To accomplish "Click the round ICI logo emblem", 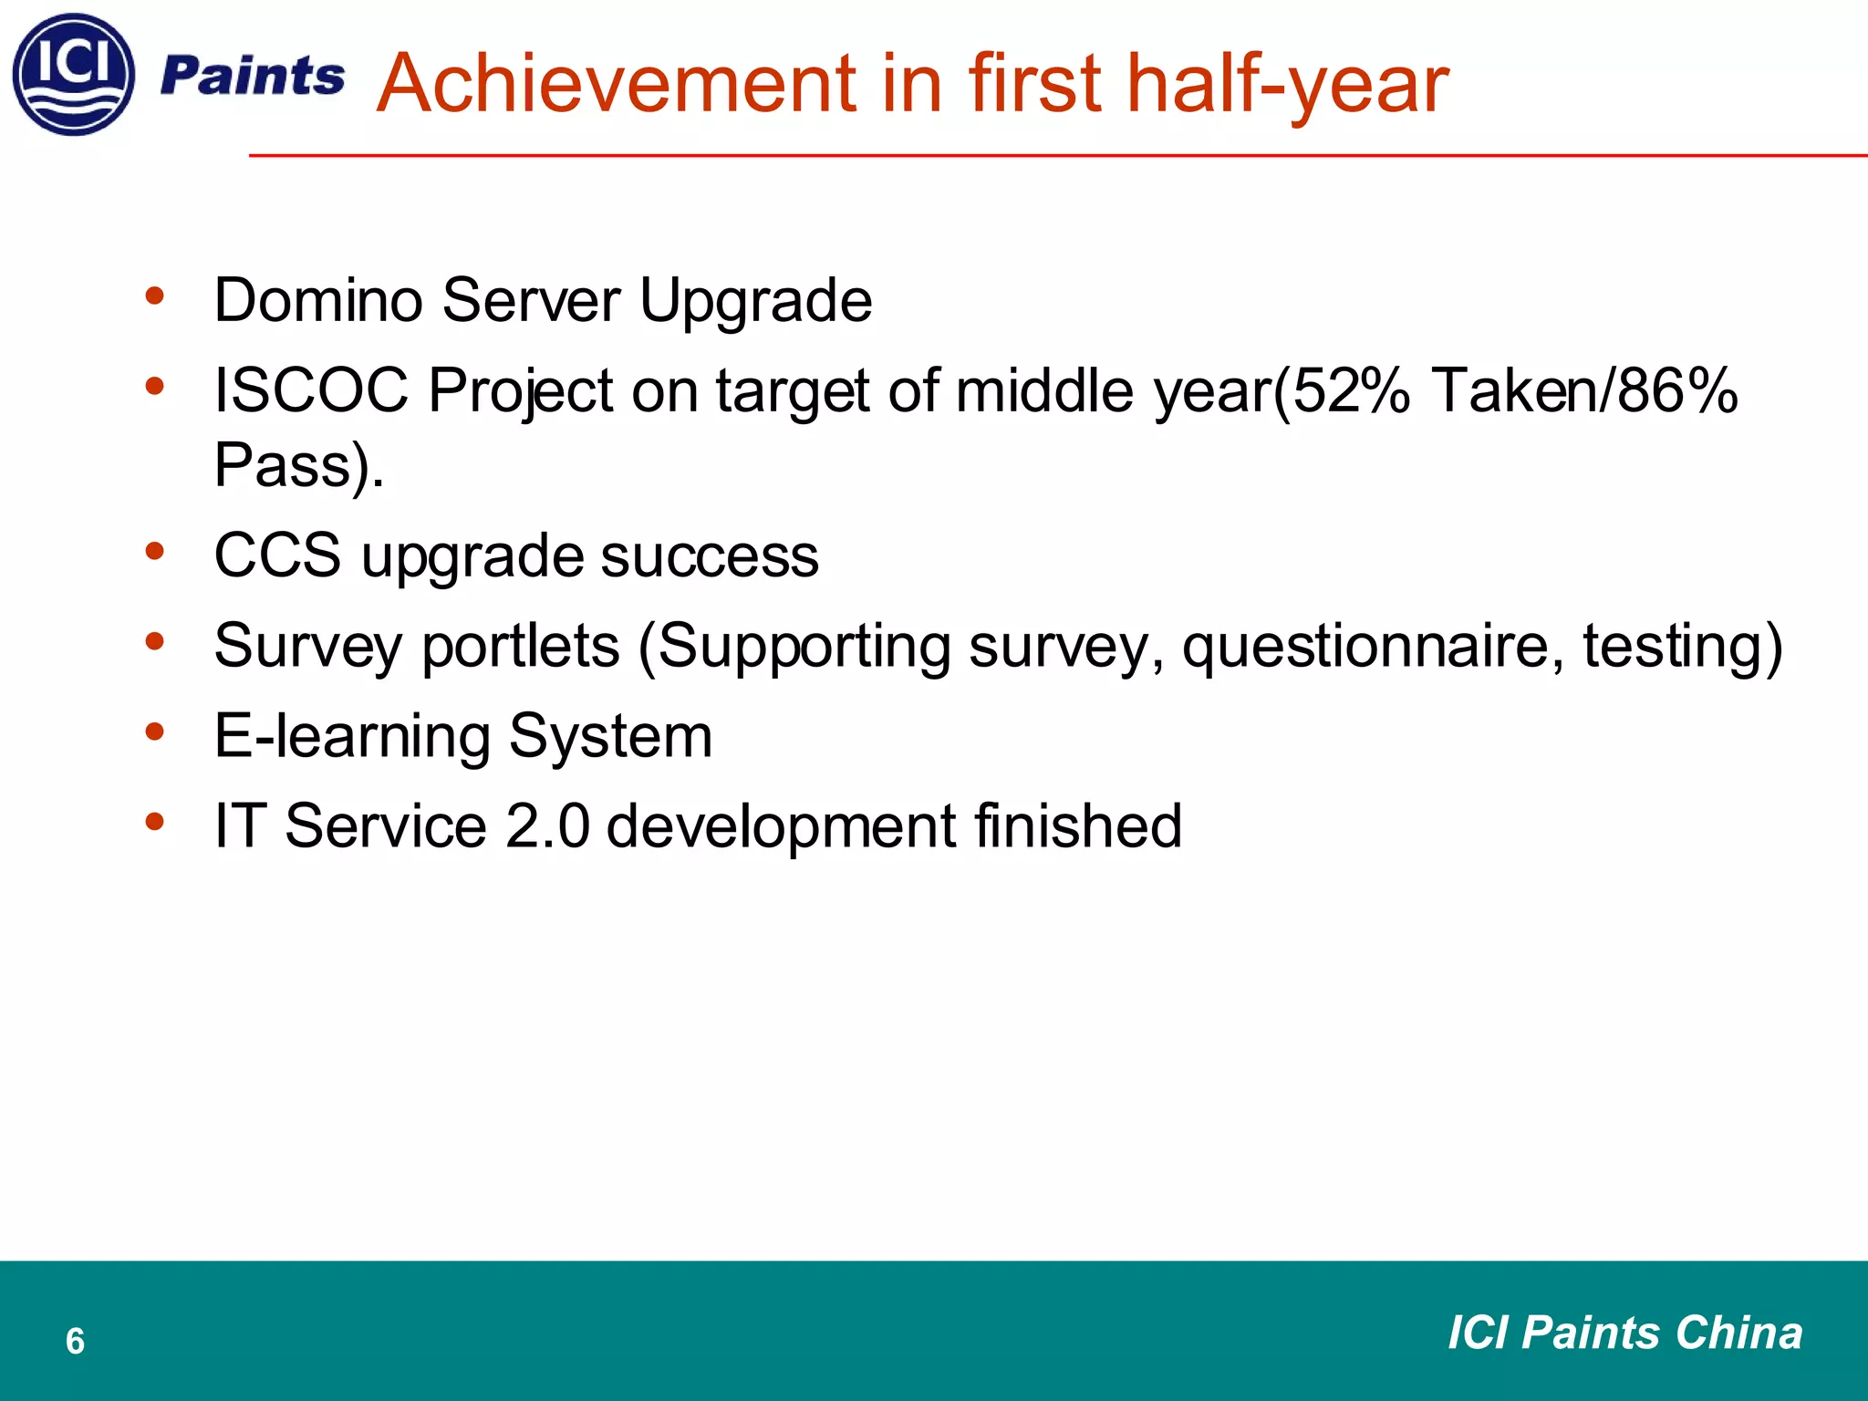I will click(74, 75).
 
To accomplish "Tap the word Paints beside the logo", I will click(253, 76).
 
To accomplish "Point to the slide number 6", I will click(75, 1341).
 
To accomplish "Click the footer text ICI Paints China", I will click(1624, 1333).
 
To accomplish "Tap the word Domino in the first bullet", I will click(317, 300).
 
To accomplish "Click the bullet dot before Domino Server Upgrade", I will click(154, 296).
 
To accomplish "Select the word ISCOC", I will click(311, 390).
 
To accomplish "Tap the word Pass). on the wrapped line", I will click(299, 465).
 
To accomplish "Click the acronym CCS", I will click(277, 555).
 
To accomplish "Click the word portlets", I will click(520, 647).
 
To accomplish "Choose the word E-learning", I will click(351, 736).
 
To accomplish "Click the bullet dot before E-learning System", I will click(154, 732).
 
